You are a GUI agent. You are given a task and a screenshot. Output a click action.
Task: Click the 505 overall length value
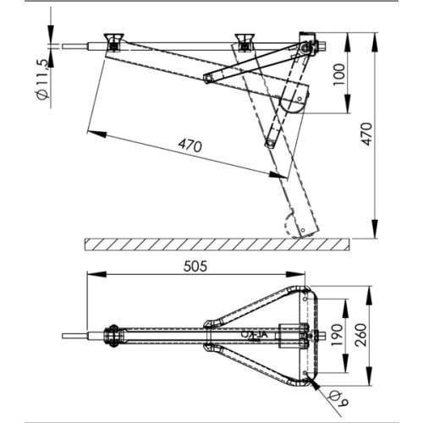pos(195,264)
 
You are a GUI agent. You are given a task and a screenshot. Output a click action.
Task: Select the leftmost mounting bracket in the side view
pos(111,41)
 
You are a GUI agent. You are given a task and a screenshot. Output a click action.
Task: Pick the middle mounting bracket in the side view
pos(245,41)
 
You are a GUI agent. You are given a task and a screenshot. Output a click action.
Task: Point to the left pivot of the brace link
pos(208,79)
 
